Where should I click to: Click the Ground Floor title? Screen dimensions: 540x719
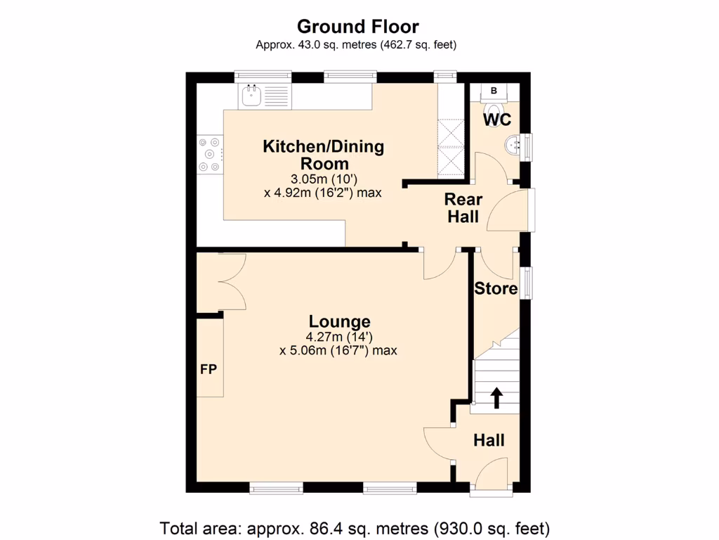tap(357, 27)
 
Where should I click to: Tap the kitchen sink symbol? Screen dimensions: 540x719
tap(251, 96)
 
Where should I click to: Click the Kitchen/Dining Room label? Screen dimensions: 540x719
tap(324, 155)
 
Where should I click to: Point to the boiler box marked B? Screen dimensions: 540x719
tap(494, 91)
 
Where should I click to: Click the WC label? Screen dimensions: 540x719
tap(496, 120)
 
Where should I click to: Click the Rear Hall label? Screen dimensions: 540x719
tap(463, 208)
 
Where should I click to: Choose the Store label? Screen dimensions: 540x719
tap(496, 288)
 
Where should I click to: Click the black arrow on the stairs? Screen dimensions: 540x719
tap(496, 397)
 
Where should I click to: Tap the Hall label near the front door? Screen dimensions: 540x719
tap(489, 441)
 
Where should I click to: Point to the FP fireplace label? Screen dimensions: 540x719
tap(209, 369)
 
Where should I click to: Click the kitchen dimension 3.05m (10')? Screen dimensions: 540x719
tap(323, 178)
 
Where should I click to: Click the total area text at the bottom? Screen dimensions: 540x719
tap(355, 527)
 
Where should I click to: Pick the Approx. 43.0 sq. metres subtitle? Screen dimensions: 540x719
tap(356, 45)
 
